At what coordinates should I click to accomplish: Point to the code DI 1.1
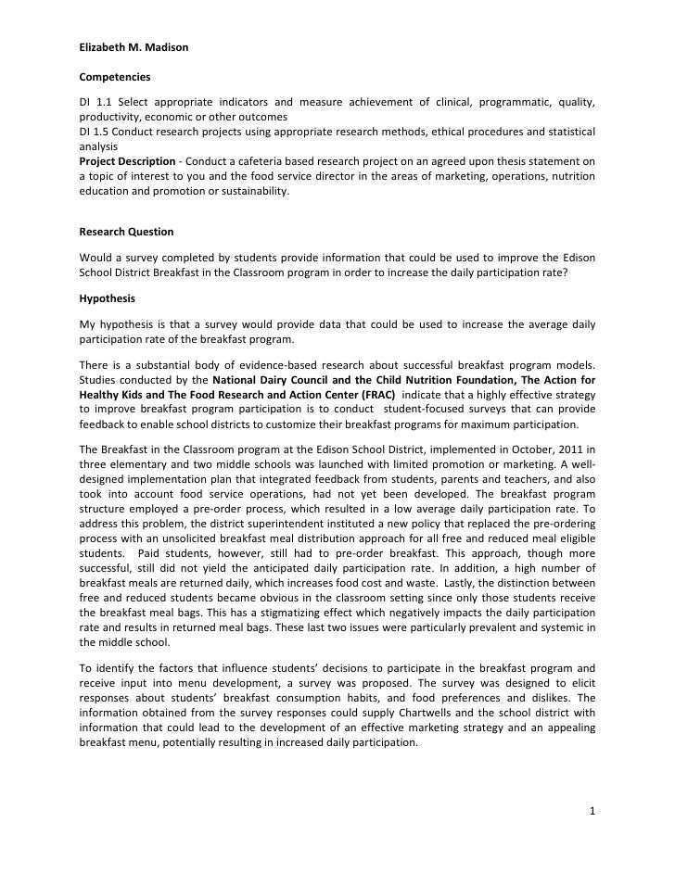coord(93,101)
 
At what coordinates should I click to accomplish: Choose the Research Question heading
coord(126,231)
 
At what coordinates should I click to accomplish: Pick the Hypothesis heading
coord(107,299)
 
